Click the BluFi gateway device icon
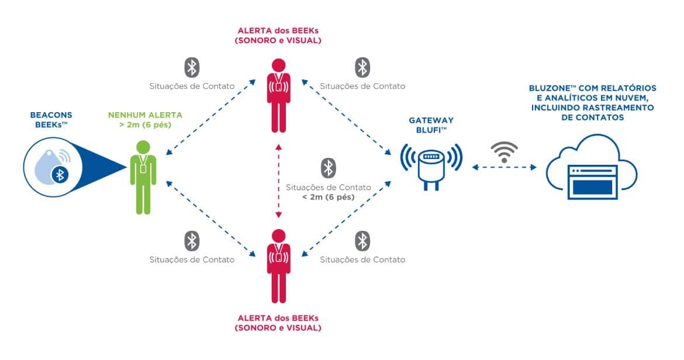[x=431, y=165]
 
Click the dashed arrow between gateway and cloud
[x=504, y=168]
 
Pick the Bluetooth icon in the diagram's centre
[x=329, y=168]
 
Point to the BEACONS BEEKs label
[x=50, y=120]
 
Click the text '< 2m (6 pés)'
[x=329, y=198]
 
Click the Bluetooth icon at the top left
[x=192, y=67]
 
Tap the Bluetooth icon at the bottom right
[x=362, y=241]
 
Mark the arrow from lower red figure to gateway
[x=347, y=218]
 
